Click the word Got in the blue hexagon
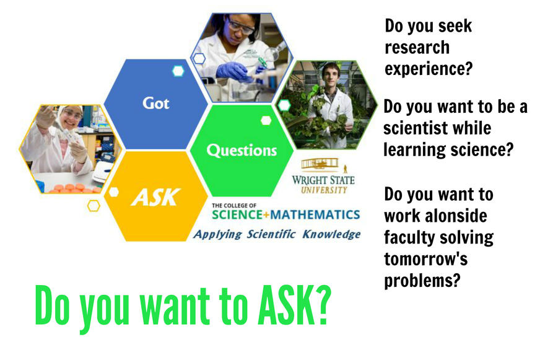[x=156, y=103]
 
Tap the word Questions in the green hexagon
[x=242, y=151]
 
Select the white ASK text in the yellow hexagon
[x=155, y=197]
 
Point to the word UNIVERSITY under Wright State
[x=324, y=190]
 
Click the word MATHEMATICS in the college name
[x=315, y=214]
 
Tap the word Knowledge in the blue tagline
[x=331, y=234]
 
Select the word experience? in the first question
[x=429, y=69]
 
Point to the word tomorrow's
[x=425, y=259]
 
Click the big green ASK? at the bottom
[x=294, y=305]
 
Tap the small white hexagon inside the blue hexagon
[x=178, y=71]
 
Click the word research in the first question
[x=417, y=48]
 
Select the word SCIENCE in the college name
[x=237, y=214]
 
